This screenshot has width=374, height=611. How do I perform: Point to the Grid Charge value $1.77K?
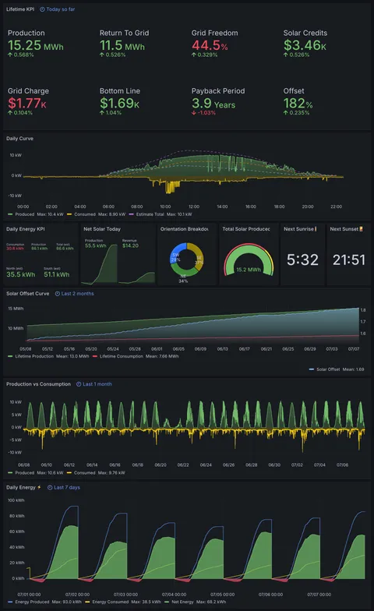point(27,104)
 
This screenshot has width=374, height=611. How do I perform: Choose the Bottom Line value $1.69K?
point(120,104)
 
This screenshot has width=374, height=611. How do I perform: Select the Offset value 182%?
point(298,104)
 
